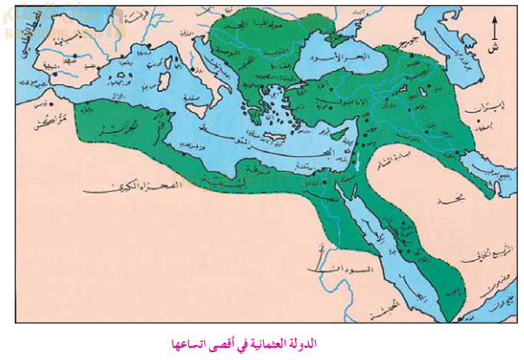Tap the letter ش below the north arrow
pyautogui.click(x=495, y=47)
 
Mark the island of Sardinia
pyautogui.click(x=161, y=88)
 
